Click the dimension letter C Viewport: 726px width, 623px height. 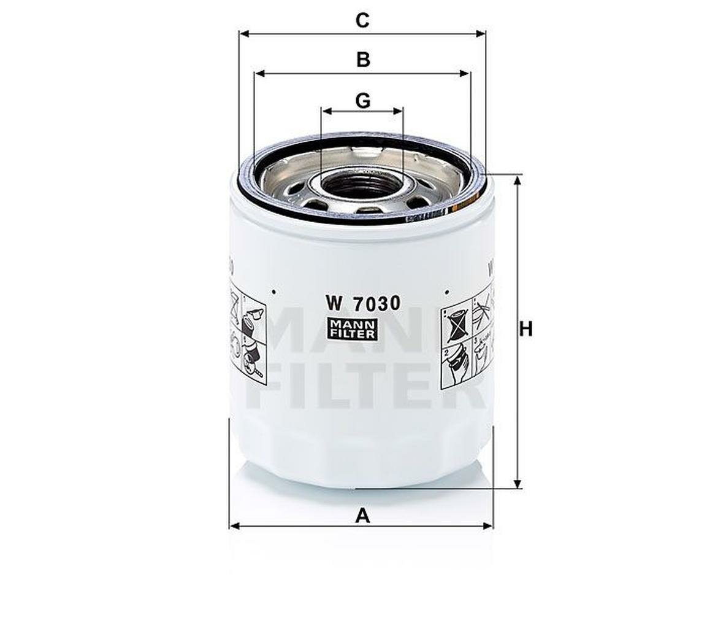362,20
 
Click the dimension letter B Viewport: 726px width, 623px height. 363,60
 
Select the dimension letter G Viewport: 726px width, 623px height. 363,100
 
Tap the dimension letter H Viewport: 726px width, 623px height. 525,330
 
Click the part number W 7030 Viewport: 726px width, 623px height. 363,303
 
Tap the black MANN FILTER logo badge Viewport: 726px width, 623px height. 352,329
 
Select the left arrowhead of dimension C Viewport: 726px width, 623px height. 243,33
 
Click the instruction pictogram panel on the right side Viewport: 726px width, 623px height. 467,340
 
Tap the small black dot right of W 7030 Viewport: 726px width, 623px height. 448,292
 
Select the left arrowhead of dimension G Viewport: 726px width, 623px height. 326,111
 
